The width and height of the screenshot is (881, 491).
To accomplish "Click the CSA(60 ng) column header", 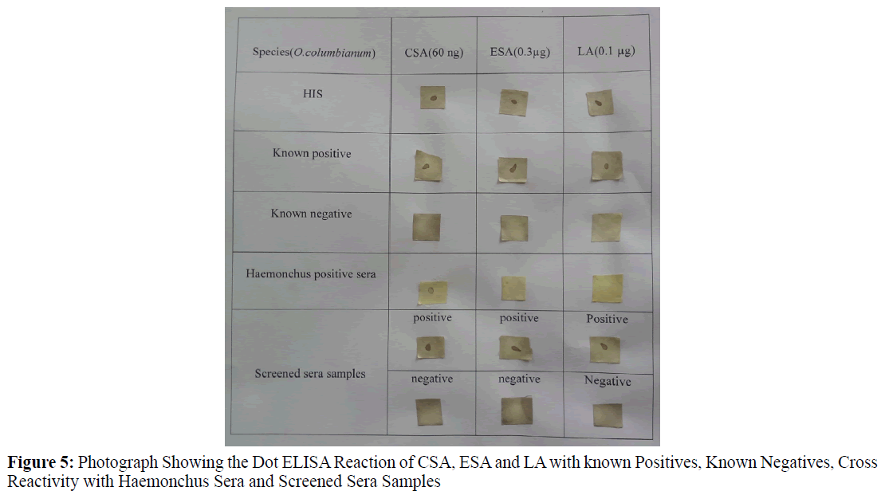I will [x=434, y=53].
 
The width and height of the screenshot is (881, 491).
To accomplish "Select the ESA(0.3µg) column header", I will [x=520, y=53].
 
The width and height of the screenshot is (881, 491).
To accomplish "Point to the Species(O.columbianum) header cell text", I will [x=313, y=53].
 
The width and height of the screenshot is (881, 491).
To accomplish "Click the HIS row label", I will [x=313, y=94].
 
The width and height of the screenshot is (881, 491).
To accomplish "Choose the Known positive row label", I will [x=312, y=153].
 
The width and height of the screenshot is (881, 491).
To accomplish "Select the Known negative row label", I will [x=311, y=214].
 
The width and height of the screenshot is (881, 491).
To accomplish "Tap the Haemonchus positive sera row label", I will [x=311, y=274].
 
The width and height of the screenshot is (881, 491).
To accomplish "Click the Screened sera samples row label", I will [x=310, y=373].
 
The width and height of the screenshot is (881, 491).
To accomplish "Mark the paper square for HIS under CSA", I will [x=433, y=99].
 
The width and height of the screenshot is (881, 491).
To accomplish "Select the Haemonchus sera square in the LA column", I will [x=607, y=288].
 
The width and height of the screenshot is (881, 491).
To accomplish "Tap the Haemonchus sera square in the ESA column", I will [x=513, y=287].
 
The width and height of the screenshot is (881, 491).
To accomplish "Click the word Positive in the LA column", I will [x=607, y=319].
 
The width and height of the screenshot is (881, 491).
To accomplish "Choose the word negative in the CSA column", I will [x=432, y=379].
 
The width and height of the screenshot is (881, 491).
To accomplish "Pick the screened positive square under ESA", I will [x=514, y=347].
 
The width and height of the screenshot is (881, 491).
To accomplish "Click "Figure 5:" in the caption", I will [x=41, y=462].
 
